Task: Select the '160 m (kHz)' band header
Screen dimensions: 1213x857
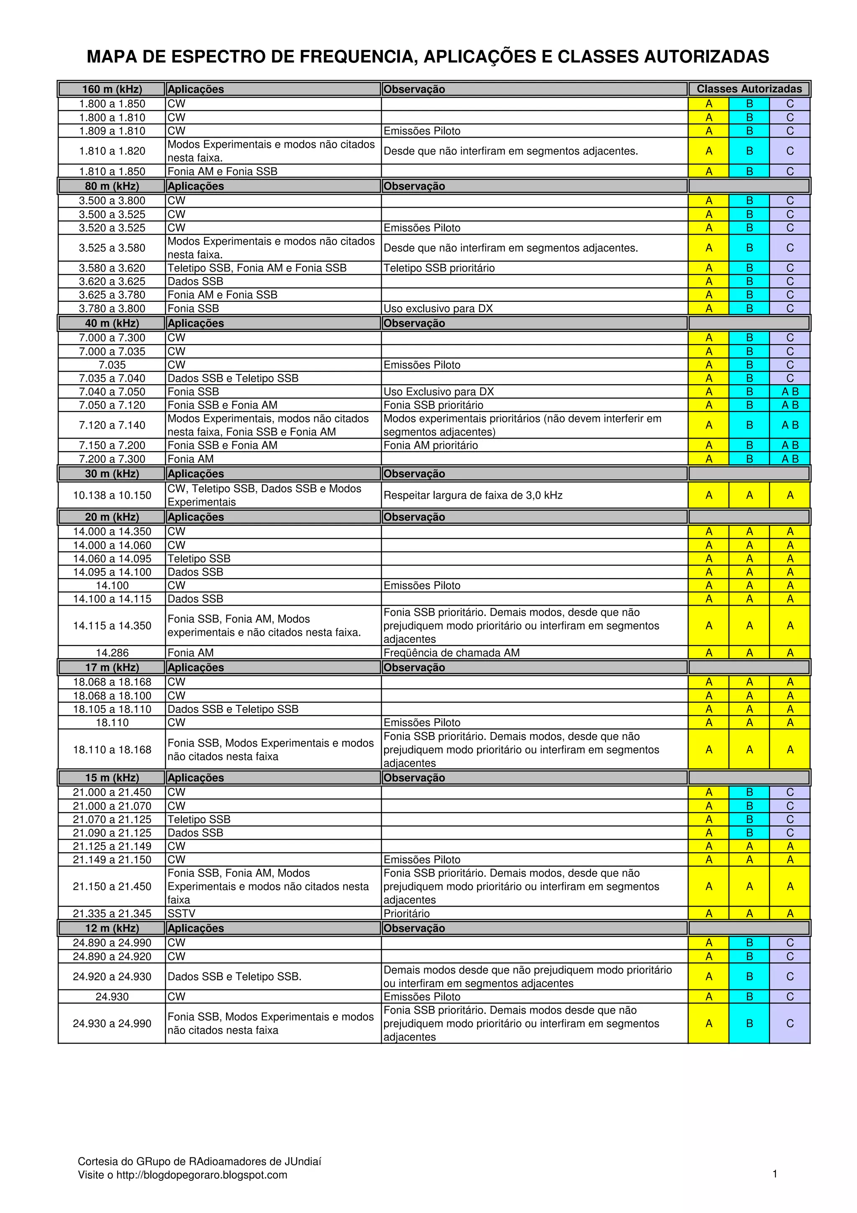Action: coord(112,89)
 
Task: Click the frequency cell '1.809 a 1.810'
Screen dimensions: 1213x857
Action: coord(112,131)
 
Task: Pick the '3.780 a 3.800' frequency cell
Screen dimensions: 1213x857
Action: coord(112,308)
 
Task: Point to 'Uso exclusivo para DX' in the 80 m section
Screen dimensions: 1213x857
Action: coord(438,308)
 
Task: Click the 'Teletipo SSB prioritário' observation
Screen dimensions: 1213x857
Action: coord(439,268)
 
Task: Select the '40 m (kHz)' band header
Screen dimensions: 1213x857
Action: coord(112,323)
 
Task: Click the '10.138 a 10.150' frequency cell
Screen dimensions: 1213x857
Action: coord(112,496)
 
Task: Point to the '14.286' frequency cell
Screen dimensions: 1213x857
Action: coord(112,653)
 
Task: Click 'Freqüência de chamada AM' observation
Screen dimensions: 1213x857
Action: coord(452,653)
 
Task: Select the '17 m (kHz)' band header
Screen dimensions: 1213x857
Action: coord(112,668)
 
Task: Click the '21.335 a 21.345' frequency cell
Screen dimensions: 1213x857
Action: coord(112,913)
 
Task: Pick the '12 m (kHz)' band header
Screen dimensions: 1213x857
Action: coord(112,928)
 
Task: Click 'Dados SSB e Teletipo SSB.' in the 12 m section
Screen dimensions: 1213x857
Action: coord(234,977)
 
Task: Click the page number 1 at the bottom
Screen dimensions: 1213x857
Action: coord(775,1174)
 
